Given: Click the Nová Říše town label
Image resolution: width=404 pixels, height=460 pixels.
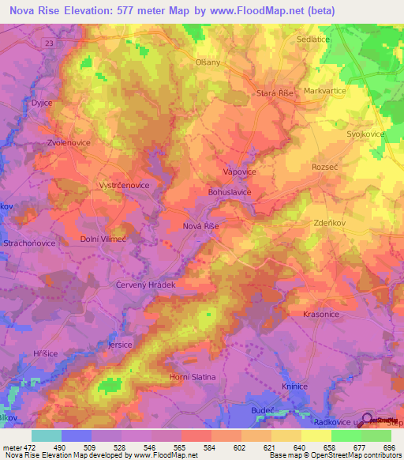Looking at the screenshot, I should tap(200, 226).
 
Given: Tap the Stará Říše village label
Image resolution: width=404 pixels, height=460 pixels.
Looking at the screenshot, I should tap(275, 93).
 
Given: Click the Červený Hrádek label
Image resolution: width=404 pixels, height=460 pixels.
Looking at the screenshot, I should tap(144, 284).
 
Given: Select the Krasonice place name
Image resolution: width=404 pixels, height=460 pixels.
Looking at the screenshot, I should tap(320, 314).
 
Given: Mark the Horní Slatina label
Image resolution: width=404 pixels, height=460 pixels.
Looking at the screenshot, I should tap(193, 377).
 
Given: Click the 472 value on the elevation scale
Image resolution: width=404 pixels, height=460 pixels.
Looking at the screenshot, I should tap(30, 447).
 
